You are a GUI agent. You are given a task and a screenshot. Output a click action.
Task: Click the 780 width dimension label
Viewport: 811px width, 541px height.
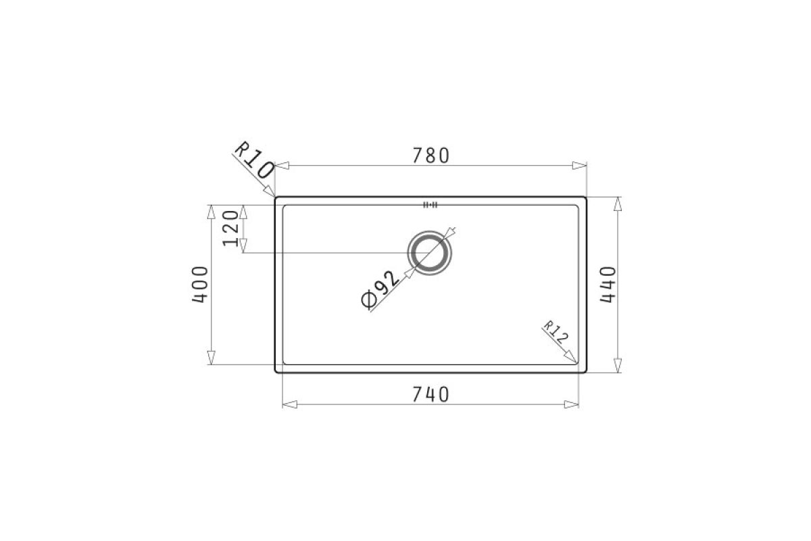(431, 156)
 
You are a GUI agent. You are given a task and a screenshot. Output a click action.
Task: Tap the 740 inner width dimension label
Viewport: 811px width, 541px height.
(431, 395)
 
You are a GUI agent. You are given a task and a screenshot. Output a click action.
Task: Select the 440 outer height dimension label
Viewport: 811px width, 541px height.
(608, 285)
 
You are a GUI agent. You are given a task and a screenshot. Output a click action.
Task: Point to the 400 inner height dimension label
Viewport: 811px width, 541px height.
(200, 285)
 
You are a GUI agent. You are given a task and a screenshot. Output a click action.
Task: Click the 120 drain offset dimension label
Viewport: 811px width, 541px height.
(230, 229)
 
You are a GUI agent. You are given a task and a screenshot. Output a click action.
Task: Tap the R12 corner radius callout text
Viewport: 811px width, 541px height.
(556, 332)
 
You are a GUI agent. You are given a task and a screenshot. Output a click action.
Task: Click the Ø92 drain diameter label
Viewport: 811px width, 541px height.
(380, 289)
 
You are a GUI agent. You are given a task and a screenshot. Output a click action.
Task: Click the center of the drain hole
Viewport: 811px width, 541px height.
(430, 252)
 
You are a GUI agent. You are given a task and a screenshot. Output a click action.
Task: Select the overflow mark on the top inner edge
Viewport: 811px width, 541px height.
(430, 205)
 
